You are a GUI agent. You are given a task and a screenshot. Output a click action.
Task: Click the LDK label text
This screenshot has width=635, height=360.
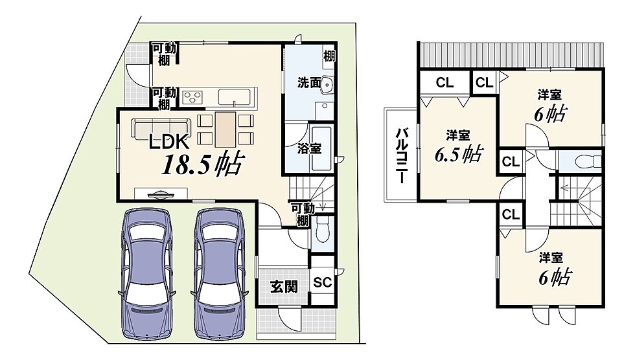coord(169,142)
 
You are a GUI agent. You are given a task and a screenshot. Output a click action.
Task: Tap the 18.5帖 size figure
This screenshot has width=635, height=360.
coord(202,164)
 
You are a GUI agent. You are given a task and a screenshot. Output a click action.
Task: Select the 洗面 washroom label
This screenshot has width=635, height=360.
coord(310,82)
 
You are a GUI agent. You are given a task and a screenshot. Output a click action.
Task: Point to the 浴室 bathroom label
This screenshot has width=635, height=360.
coord(310,149)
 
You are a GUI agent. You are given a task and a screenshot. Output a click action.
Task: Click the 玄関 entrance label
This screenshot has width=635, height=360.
coord(284,287)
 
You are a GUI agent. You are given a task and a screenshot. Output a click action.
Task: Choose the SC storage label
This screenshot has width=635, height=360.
coord(323,282)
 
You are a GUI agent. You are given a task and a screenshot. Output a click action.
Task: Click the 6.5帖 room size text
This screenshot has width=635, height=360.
coord(459,153)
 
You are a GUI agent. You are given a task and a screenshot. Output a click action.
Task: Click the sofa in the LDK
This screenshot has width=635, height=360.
coord(161,128)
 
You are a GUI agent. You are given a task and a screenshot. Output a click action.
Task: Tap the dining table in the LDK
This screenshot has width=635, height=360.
coord(225,129)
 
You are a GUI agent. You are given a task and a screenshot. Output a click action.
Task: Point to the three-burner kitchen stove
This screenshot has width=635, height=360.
coord(192,97)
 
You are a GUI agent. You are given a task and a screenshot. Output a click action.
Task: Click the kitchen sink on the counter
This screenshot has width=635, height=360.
coord(235,96)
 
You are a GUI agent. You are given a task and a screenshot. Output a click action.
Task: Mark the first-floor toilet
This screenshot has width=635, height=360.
coord(323,230)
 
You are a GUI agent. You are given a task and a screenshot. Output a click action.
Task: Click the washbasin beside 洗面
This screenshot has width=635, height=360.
coord(327,85)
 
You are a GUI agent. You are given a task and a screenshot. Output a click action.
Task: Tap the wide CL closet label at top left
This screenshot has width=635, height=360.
coord(444,82)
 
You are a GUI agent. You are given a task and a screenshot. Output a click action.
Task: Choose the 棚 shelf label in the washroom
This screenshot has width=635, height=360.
coord(329,56)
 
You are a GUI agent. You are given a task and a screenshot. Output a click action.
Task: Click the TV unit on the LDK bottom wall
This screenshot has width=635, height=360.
coord(161,194)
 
